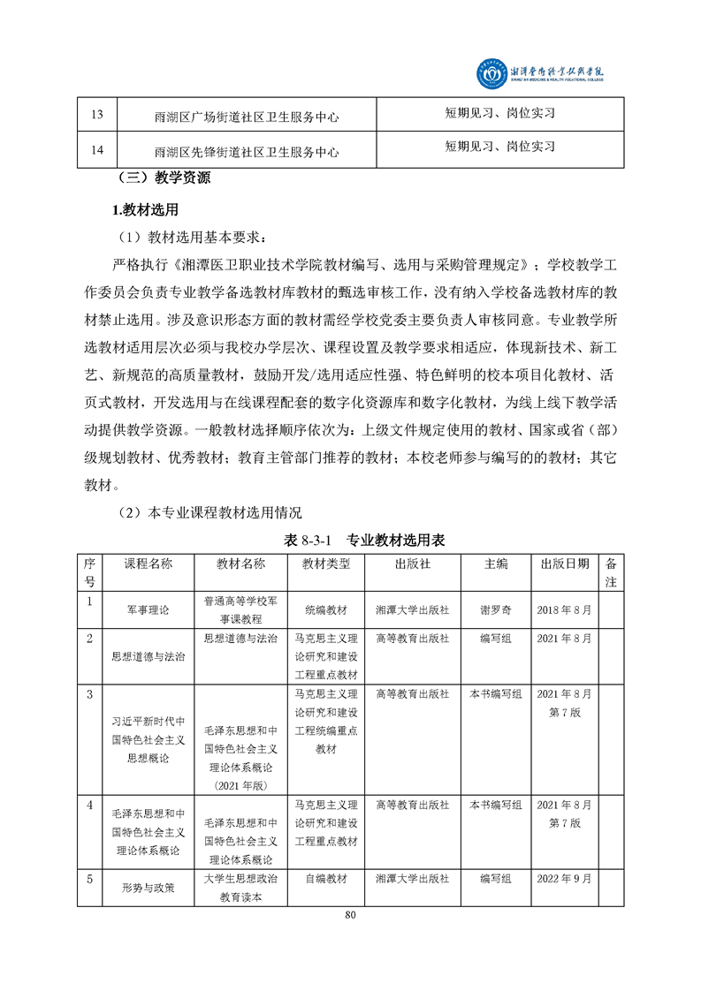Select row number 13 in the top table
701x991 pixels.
click(97, 115)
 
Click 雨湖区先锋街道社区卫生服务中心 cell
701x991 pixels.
click(247, 151)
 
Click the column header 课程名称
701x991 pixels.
click(148, 564)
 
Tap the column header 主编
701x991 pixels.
click(496, 564)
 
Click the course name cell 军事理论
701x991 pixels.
click(148, 609)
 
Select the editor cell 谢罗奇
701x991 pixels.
click(496, 609)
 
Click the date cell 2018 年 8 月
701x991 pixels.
click(564, 609)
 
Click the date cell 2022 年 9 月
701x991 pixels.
click(564, 879)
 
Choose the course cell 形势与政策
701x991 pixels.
click(148, 889)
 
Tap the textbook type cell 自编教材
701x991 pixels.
click(326, 879)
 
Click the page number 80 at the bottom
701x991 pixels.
click(350, 915)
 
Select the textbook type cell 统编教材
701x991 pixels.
click(326, 609)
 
